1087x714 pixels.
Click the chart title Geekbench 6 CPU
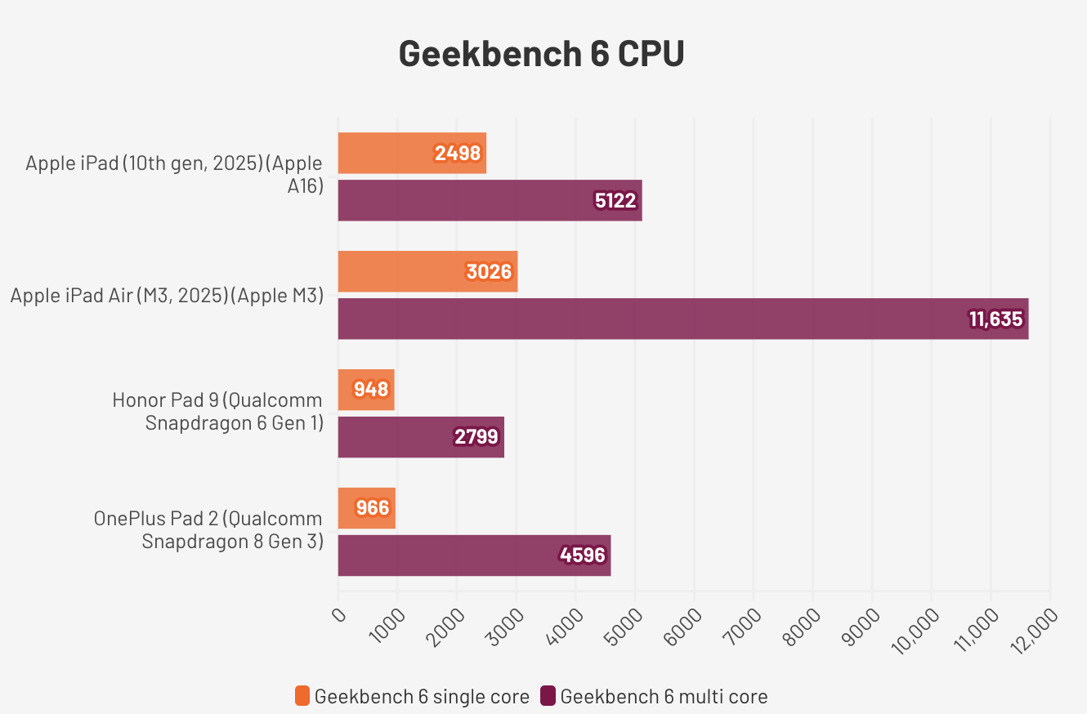pyautogui.click(x=541, y=54)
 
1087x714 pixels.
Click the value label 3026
pyautogui.click(x=489, y=271)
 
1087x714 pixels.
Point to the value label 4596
pyautogui.click(x=583, y=556)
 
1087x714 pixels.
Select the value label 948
pyautogui.click(x=371, y=390)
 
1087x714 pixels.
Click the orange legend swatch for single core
pyautogui.click(x=302, y=696)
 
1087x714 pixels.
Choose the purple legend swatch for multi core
pyautogui.click(x=548, y=696)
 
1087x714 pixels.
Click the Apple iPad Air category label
pyautogui.click(x=167, y=295)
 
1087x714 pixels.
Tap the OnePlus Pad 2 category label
pyautogui.click(x=208, y=529)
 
